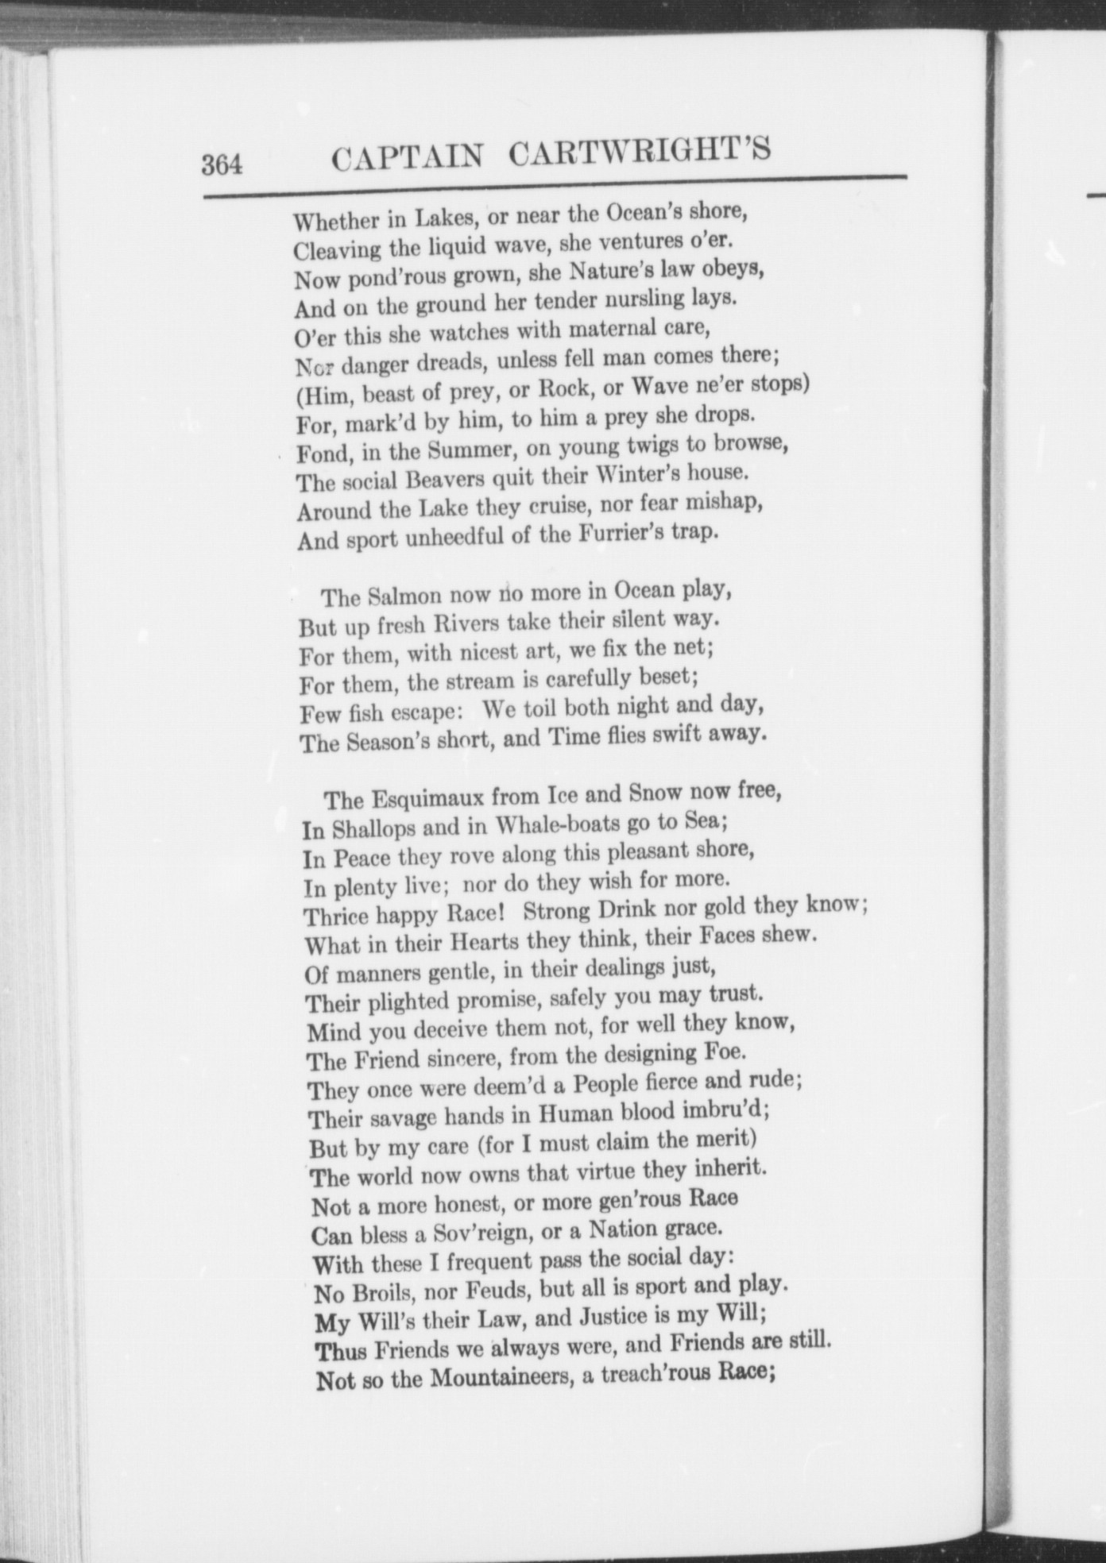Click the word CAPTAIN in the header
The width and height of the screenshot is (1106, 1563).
tap(406, 156)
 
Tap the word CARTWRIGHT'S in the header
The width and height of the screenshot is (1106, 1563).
tap(640, 151)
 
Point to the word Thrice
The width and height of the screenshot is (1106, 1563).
tap(336, 917)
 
